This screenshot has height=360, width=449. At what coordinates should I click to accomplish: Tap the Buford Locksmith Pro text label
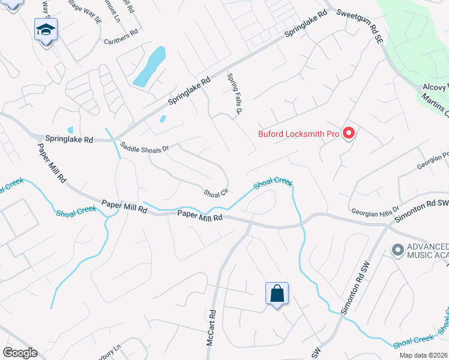[x=299, y=134]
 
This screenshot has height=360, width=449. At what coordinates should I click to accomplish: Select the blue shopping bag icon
[x=277, y=294]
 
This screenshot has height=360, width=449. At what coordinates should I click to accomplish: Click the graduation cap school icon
[x=46, y=29]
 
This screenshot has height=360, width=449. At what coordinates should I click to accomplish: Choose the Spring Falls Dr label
[x=234, y=94]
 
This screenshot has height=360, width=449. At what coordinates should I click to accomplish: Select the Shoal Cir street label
[x=216, y=193]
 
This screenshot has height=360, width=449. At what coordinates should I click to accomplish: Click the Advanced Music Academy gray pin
[x=397, y=249]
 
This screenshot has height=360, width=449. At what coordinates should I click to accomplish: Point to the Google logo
[x=20, y=353]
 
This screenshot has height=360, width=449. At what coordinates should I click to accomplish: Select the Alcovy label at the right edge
[x=436, y=86]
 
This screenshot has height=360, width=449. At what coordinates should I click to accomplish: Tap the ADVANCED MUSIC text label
[x=427, y=247]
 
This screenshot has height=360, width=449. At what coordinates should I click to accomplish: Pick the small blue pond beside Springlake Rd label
[x=70, y=130]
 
